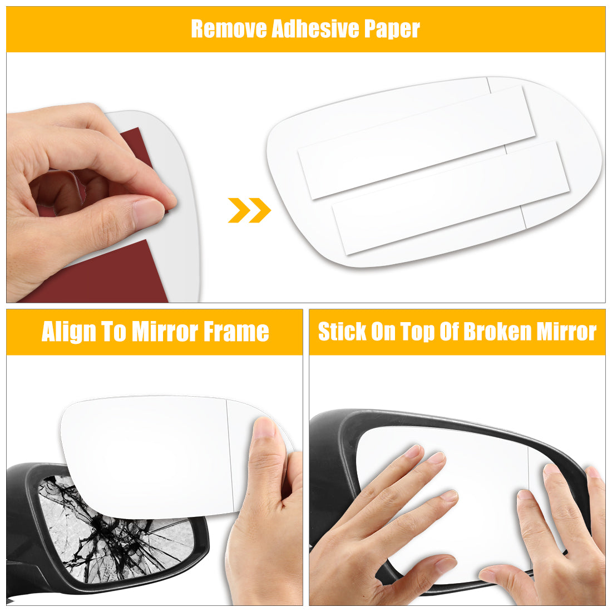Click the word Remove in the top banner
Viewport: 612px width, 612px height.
point(229,28)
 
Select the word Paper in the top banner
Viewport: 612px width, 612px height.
point(392,29)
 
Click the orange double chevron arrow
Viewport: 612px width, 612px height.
point(249,210)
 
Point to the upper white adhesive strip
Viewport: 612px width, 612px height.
point(416,142)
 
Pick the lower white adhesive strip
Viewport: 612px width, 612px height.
point(451,198)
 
